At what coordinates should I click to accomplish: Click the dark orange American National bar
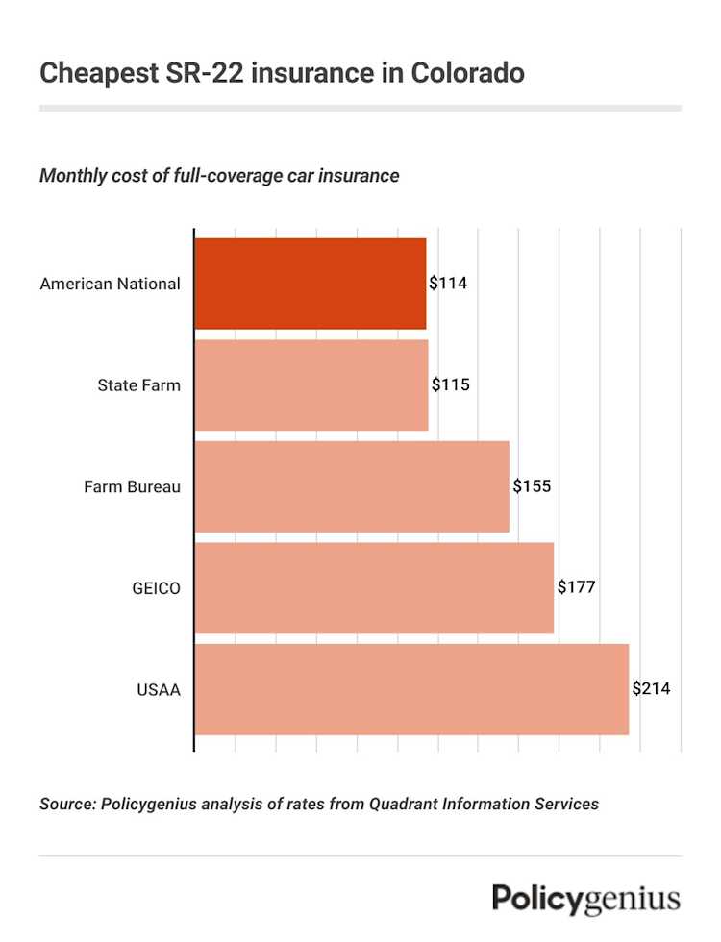pyautogui.click(x=311, y=284)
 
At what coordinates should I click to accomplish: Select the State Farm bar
pyautogui.click(x=311, y=385)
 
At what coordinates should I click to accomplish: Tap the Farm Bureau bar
pyautogui.click(x=352, y=486)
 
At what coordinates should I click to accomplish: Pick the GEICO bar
pyautogui.click(x=374, y=587)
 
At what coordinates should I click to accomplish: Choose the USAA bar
pyautogui.click(x=411, y=689)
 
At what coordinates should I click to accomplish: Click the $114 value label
pyautogui.click(x=448, y=284)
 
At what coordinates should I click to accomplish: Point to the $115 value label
pyautogui.click(x=450, y=385)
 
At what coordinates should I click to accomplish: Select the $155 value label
pyautogui.click(x=532, y=486)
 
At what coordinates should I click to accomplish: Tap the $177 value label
pyautogui.click(x=577, y=587)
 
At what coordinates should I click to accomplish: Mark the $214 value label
pyautogui.click(x=651, y=689)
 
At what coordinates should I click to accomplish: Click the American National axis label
pyautogui.click(x=110, y=284)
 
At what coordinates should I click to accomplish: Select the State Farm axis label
pyautogui.click(x=138, y=385)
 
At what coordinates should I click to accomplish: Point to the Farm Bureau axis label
pyautogui.click(x=132, y=486)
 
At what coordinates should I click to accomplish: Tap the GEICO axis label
pyautogui.click(x=156, y=587)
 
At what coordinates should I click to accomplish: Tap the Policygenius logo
pyautogui.click(x=586, y=900)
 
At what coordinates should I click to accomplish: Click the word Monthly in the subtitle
pyautogui.click(x=73, y=177)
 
